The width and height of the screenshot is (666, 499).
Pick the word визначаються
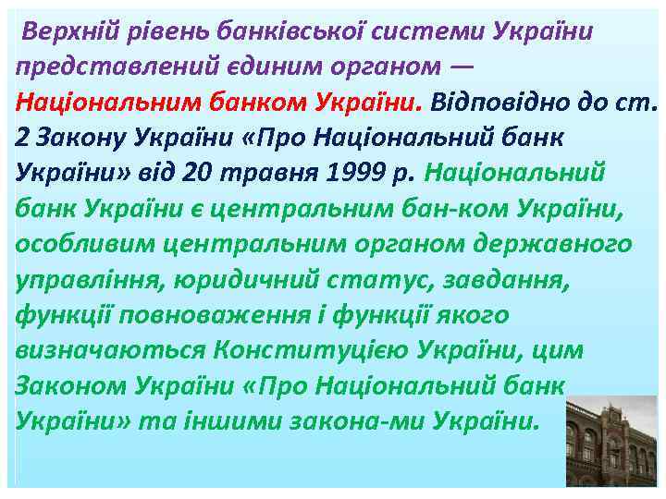[111, 349]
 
